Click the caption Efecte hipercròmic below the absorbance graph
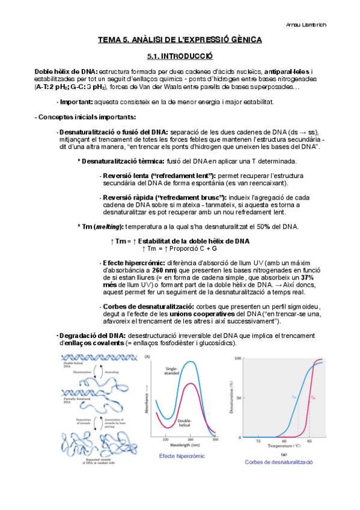tap(182, 456)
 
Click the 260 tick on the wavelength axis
tap(190, 440)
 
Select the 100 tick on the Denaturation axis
tap(237, 358)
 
